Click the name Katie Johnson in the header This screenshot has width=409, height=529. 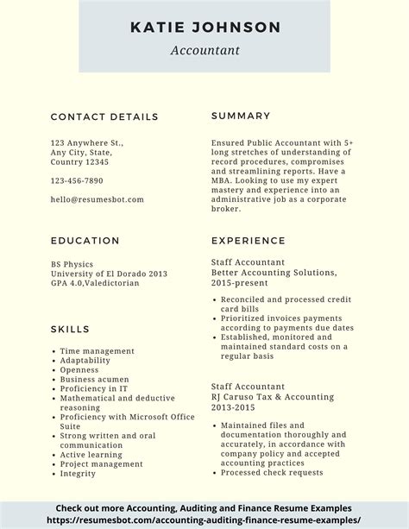[204, 28]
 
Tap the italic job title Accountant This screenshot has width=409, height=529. [204, 50]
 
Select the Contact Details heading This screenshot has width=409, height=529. [104, 117]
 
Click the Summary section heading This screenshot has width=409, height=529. [241, 116]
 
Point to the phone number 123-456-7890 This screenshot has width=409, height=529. [77, 180]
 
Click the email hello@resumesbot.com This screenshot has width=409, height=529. [97, 198]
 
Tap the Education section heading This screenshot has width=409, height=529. [85, 241]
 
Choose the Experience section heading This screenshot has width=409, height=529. [248, 241]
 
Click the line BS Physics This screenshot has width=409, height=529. [71, 264]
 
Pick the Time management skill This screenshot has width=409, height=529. [98, 351]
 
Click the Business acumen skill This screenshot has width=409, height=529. [95, 379]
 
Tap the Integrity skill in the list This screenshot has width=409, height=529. [79, 473]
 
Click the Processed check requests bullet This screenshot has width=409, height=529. [272, 472]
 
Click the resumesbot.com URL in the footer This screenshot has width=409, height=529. [204, 520]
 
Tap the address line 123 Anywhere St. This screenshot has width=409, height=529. [87, 142]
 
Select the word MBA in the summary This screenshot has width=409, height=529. [222, 180]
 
